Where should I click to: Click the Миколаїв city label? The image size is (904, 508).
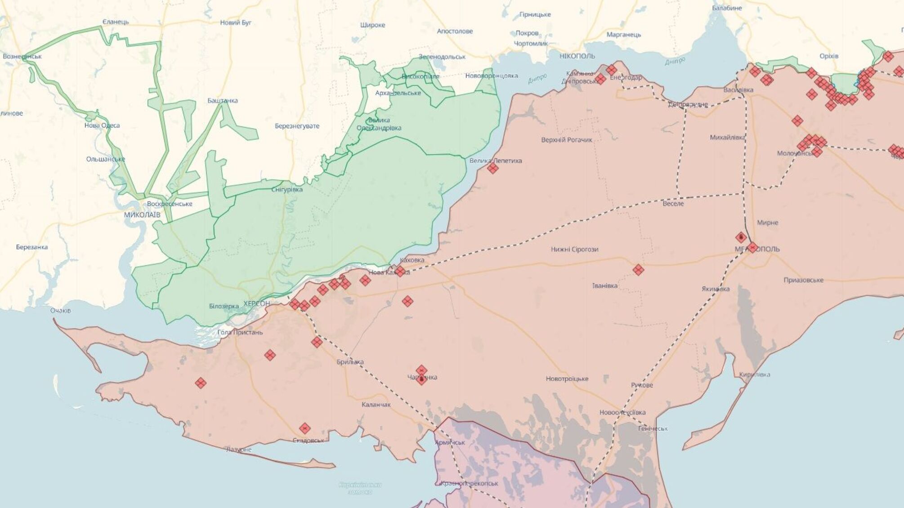click(x=142, y=215)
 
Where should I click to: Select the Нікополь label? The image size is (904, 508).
click(x=577, y=56)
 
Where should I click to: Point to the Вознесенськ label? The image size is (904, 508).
click(x=22, y=57)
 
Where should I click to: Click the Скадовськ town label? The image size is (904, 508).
click(x=308, y=441)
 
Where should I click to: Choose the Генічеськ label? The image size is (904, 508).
click(x=653, y=428)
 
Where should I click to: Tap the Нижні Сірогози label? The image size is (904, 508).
click(x=574, y=249)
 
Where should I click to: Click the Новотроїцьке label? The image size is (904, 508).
click(x=567, y=379)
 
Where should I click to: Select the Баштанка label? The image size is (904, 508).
click(x=223, y=100)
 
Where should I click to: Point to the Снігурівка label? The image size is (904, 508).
click(x=287, y=189)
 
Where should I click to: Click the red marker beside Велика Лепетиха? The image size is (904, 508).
click(x=493, y=169)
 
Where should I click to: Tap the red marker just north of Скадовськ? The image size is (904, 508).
click(x=305, y=428)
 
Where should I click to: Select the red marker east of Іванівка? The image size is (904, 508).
click(x=638, y=270)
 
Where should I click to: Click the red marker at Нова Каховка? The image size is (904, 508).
click(x=400, y=271)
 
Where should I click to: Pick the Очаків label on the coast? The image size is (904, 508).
click(x=60, y=310)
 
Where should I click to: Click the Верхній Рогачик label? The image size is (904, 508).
click(x=567, y=140)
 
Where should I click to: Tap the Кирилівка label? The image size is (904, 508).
click(x=754, y=374)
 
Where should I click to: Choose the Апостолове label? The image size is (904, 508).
click(x=455, y=31)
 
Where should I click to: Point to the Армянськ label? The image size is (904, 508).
click(x=450, y=442)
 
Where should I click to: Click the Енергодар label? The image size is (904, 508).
click(x=626, y=77)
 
